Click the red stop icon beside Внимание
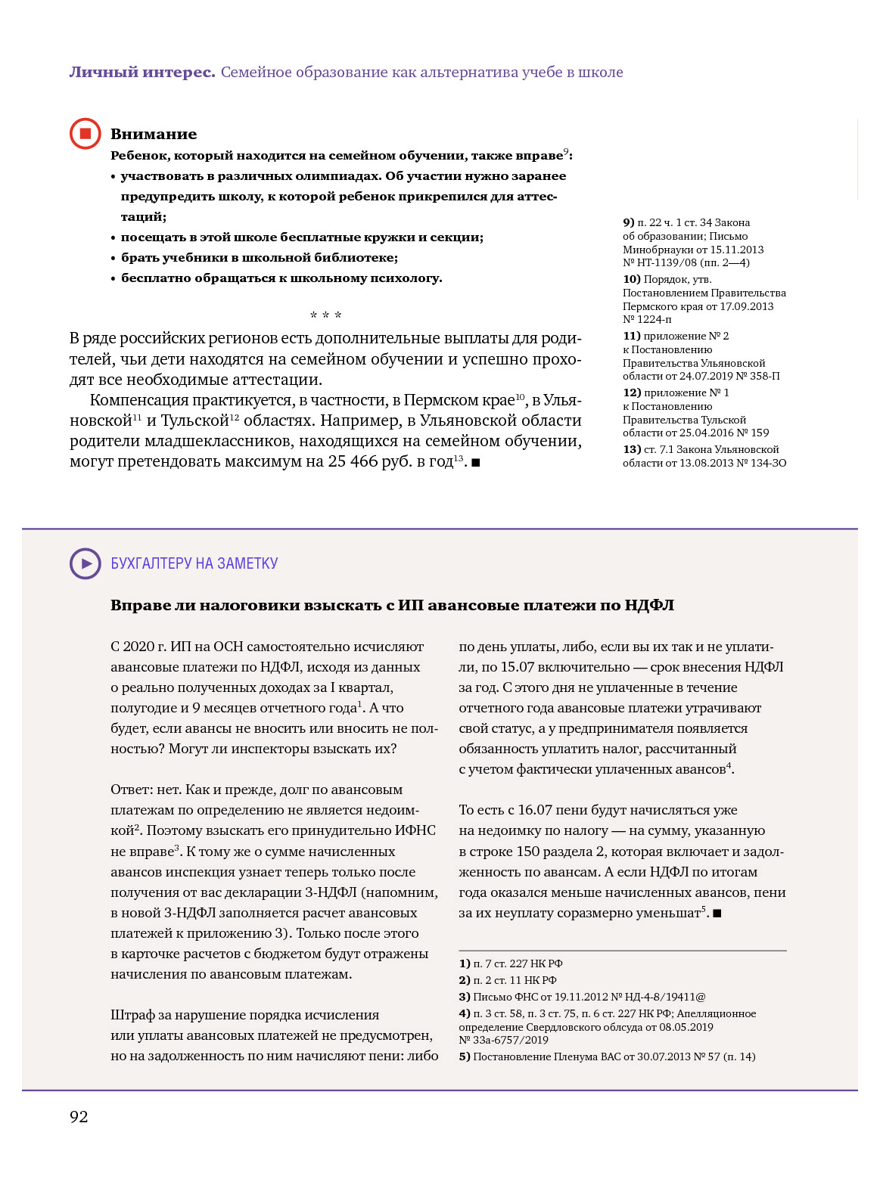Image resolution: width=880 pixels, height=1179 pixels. (86, 134)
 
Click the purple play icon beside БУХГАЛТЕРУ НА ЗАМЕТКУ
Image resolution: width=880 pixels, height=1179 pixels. (86, 563)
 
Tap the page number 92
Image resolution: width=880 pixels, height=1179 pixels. (79, 1117)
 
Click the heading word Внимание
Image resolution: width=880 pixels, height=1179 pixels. (154, 135)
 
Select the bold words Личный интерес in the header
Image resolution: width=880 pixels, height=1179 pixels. (142, 73)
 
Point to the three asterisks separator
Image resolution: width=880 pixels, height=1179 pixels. (326, 315)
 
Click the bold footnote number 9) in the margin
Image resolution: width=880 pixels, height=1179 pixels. (628, 222)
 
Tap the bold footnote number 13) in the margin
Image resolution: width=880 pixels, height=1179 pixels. (631, 449)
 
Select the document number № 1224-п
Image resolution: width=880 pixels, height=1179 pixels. (647, 319)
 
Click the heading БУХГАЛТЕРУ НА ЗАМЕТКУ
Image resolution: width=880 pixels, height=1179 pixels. (194, 563)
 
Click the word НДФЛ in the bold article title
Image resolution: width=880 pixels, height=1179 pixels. (649, 605)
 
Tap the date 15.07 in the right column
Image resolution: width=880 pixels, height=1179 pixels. (518, 667)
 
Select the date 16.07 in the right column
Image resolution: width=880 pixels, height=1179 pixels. (535, 810)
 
